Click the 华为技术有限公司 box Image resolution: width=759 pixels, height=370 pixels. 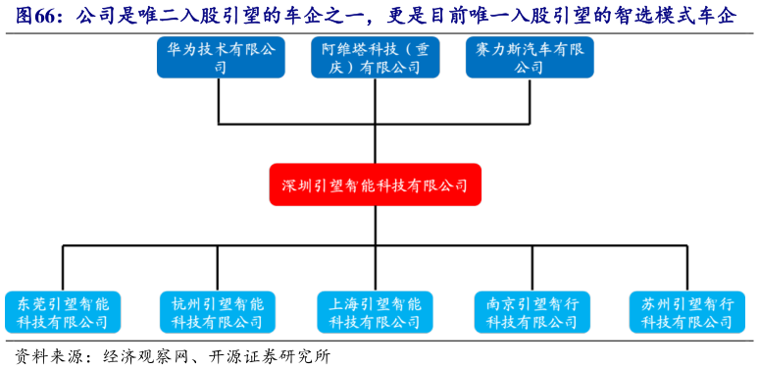pos(220,58)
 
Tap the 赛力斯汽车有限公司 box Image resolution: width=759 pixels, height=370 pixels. pos(530,58)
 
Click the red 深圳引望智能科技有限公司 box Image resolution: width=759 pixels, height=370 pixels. pos(375,185)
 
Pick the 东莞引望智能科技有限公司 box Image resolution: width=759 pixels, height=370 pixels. pos(63,312)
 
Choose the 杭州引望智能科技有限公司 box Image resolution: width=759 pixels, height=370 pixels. pos(218,312)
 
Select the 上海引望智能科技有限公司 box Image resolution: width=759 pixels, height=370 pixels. pos(375,312)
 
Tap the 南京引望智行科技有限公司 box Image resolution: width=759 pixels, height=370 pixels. pos(531,312)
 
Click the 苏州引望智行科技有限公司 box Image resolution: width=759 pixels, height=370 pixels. pos(687,312)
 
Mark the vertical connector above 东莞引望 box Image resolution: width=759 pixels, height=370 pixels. pos(63,267)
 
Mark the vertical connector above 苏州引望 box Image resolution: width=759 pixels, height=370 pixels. pos(687,267)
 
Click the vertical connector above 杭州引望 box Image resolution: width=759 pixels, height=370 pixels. pos(218,267)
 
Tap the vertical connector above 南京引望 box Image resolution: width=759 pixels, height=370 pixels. pos(531,267)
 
